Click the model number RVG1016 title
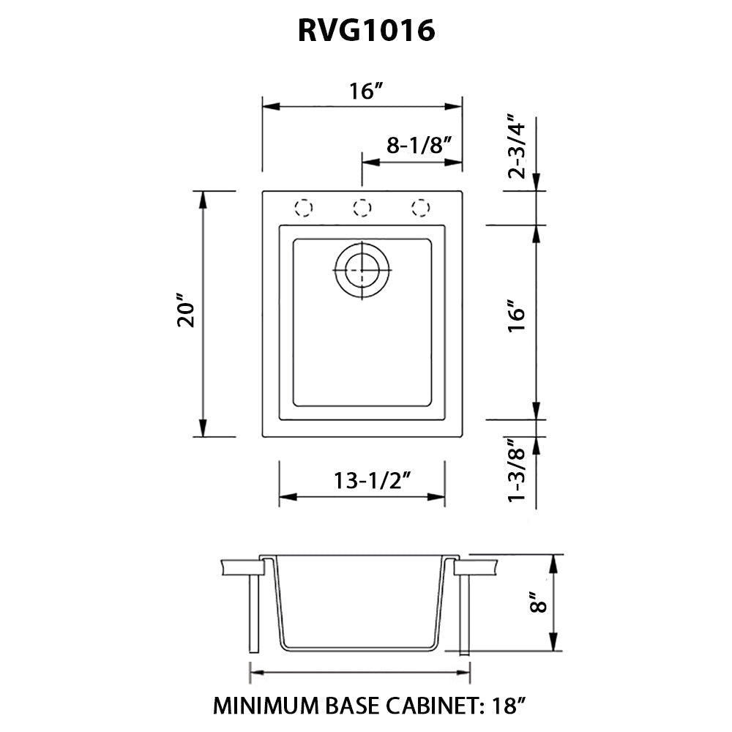click(366, 30)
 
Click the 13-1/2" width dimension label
click(362, 480)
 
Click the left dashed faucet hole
click(303, 208)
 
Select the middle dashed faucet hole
click(361, 208)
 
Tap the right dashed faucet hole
click(420, 208)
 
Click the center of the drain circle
click(362, 270)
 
